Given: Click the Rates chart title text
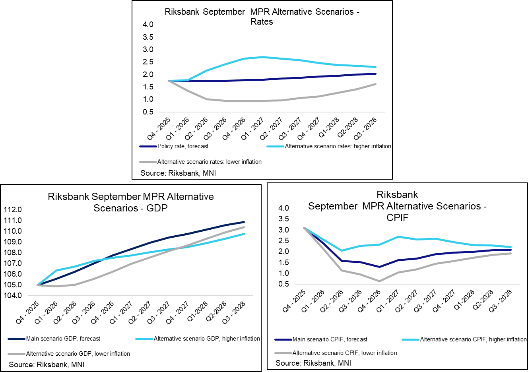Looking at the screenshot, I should [x=262, y=17].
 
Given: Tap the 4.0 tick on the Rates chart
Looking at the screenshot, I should [x=148, y=25].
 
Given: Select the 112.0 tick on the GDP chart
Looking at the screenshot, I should [x=13, y=210].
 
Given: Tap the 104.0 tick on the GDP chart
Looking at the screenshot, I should [x=13, y=296].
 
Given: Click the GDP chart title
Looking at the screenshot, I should [x=131, y=202].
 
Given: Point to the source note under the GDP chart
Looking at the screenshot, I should [x=47, y=364].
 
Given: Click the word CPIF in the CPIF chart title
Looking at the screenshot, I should [x=397, y=217].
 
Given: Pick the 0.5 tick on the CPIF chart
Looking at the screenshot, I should [x=284, y=284].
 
